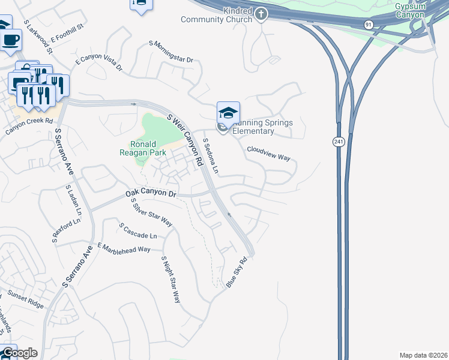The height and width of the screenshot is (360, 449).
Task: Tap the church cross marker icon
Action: point(261,13)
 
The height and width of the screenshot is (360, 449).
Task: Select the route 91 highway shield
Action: point(368,23)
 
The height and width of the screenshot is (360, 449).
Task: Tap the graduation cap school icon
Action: point(228,112)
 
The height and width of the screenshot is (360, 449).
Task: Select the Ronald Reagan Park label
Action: point(144,149)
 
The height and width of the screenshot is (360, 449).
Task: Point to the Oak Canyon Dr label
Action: point(152,194)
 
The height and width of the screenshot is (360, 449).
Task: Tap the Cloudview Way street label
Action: point(268,154)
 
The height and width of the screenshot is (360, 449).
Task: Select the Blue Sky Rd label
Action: point(237,273)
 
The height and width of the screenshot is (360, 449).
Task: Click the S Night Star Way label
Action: point(170,279)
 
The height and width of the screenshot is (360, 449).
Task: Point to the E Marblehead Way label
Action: point(124,248)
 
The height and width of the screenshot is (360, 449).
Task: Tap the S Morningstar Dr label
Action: point(172,52)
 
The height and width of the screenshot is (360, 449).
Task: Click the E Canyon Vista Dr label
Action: point(98,65)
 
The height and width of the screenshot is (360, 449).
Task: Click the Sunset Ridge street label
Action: point(26,299)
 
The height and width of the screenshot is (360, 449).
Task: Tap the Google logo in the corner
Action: point(19,353)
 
